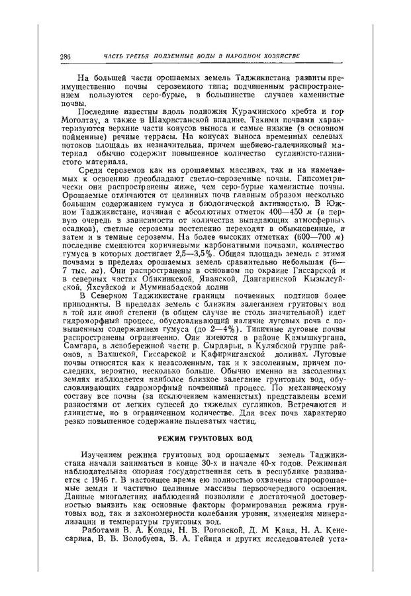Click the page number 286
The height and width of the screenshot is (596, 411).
[65, 55]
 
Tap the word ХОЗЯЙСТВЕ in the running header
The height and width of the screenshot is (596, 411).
[275, 55]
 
